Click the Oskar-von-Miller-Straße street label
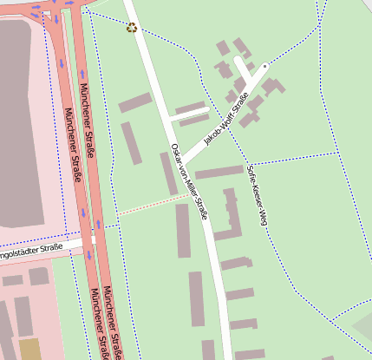190,180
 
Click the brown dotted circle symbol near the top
132,28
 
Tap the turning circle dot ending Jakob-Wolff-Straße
265,65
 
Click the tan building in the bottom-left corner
29,349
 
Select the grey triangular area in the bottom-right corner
362,328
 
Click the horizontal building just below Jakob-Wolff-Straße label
219,172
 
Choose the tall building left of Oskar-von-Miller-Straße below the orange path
183,230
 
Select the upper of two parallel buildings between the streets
190,108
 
